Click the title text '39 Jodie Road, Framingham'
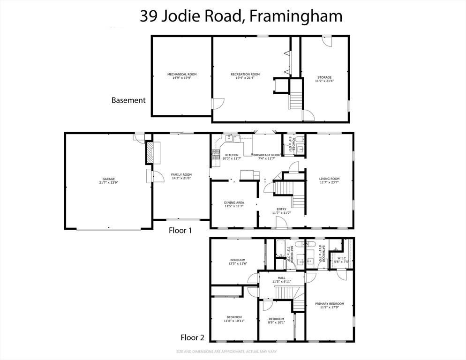pos(241,16)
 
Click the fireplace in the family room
pos(150,152)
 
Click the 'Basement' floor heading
pos(128,100)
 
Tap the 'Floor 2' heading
pos(193,337)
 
